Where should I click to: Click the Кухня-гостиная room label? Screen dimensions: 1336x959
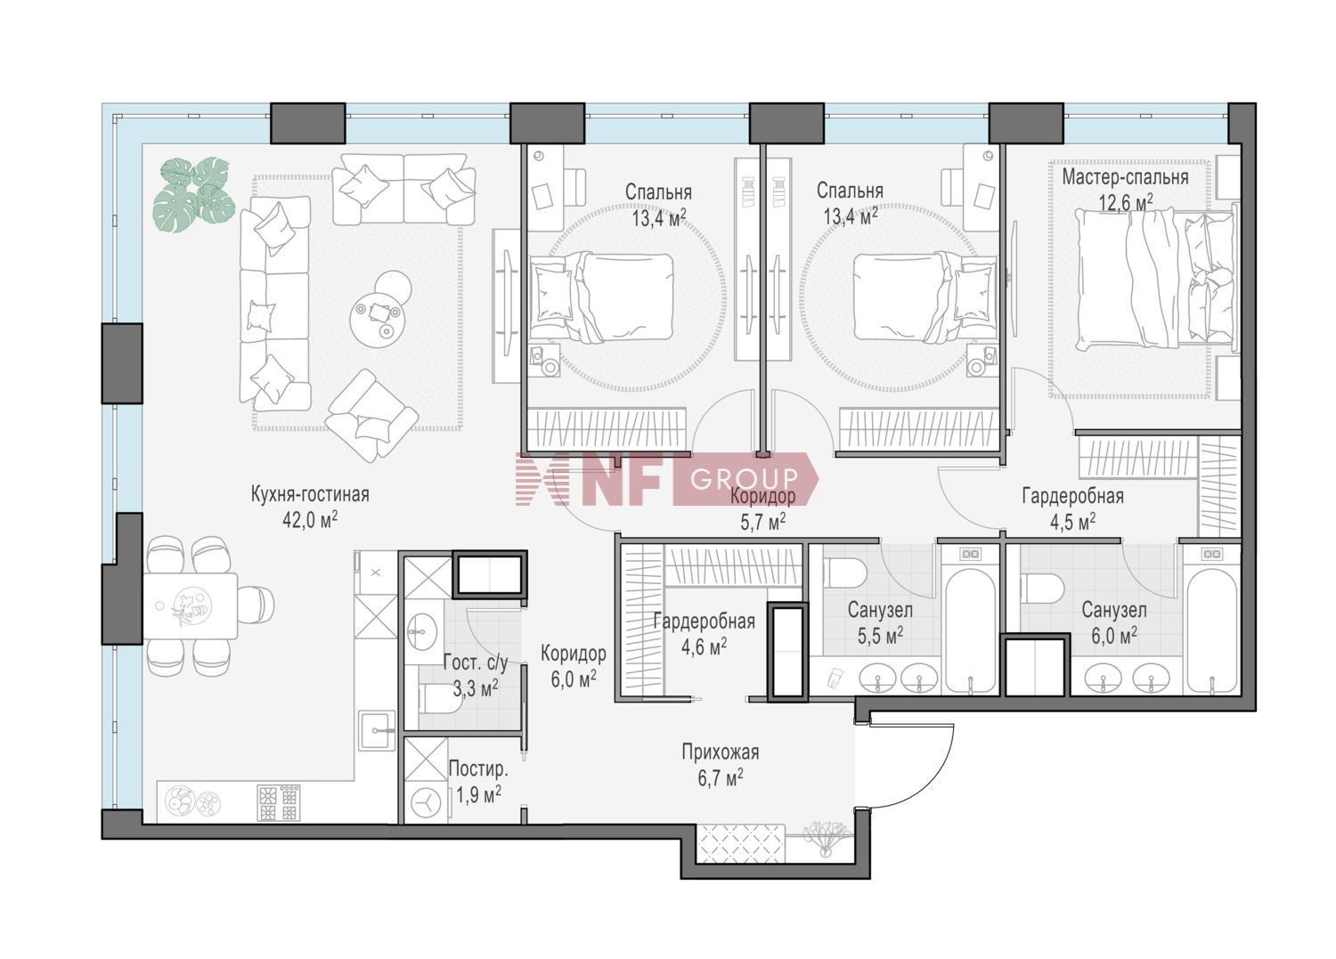[310, 494]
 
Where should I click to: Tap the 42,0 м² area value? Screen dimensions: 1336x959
[310, 520]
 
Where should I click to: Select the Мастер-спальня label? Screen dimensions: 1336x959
[1125, 177]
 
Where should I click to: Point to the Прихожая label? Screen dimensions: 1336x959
[721, 752]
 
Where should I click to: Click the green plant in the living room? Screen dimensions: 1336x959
[193, 194]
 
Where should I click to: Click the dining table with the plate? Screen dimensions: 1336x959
[191, 606]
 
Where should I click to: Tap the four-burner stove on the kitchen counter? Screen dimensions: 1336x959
[279, 802]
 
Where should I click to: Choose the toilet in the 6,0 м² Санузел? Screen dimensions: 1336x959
[1042, 589]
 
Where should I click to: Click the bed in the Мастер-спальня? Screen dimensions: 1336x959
[1155, 278]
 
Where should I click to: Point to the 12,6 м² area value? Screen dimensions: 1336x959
[1126, 202]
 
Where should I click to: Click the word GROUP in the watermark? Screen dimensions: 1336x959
[744, 478]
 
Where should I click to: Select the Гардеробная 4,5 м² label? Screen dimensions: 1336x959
[1073, 508]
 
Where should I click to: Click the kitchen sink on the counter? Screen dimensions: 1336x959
[377, 730]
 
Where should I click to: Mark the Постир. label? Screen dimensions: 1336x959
[478, 768]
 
